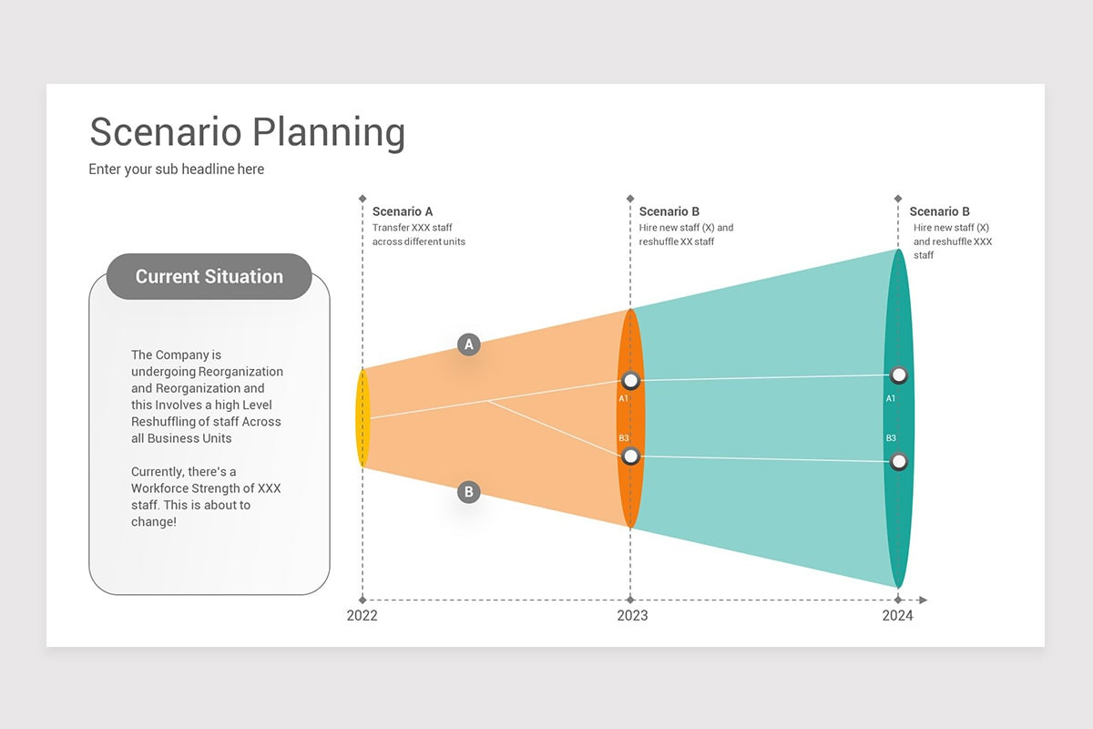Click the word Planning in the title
pyautogui.click(x=329, y=133)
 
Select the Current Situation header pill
pyautogui.click(x=209, y=277)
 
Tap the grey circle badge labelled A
pyautogui.click(x=469, y=344)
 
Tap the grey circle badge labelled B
pyautogui.click(x=468, y=493)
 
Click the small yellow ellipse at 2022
pyautogui.click(x=363, y=418)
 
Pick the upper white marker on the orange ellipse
pyautogui.click(x=630, y=381)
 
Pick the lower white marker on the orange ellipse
pyautogui.click(x=630, y=457)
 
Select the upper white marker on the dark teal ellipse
pyautogui.click(x=899, y=375)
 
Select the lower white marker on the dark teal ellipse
pyautogui.click(x=899, y=461)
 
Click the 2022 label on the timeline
pyautogui.click(x=362, y=616)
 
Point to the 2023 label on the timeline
pyautogui.click(x=632, y=616)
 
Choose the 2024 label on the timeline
pyautogui.click(x=897, y=616)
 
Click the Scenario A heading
pyautogui.click(x=403, y=211)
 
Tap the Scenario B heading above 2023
pyautogui.click(x=669, y=211)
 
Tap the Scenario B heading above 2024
pyautogui.click(x=940, y=211)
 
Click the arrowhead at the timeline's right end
pyautogui.click(x=923, y=600)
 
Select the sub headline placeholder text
pyautogui.click(x=177, y=169)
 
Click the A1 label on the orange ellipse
pyautogui.click(x=624, y=398)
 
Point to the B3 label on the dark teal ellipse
pyautogui.click(x=891, y=438)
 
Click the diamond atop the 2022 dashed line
pyautogui.click(x=363, y=198)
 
